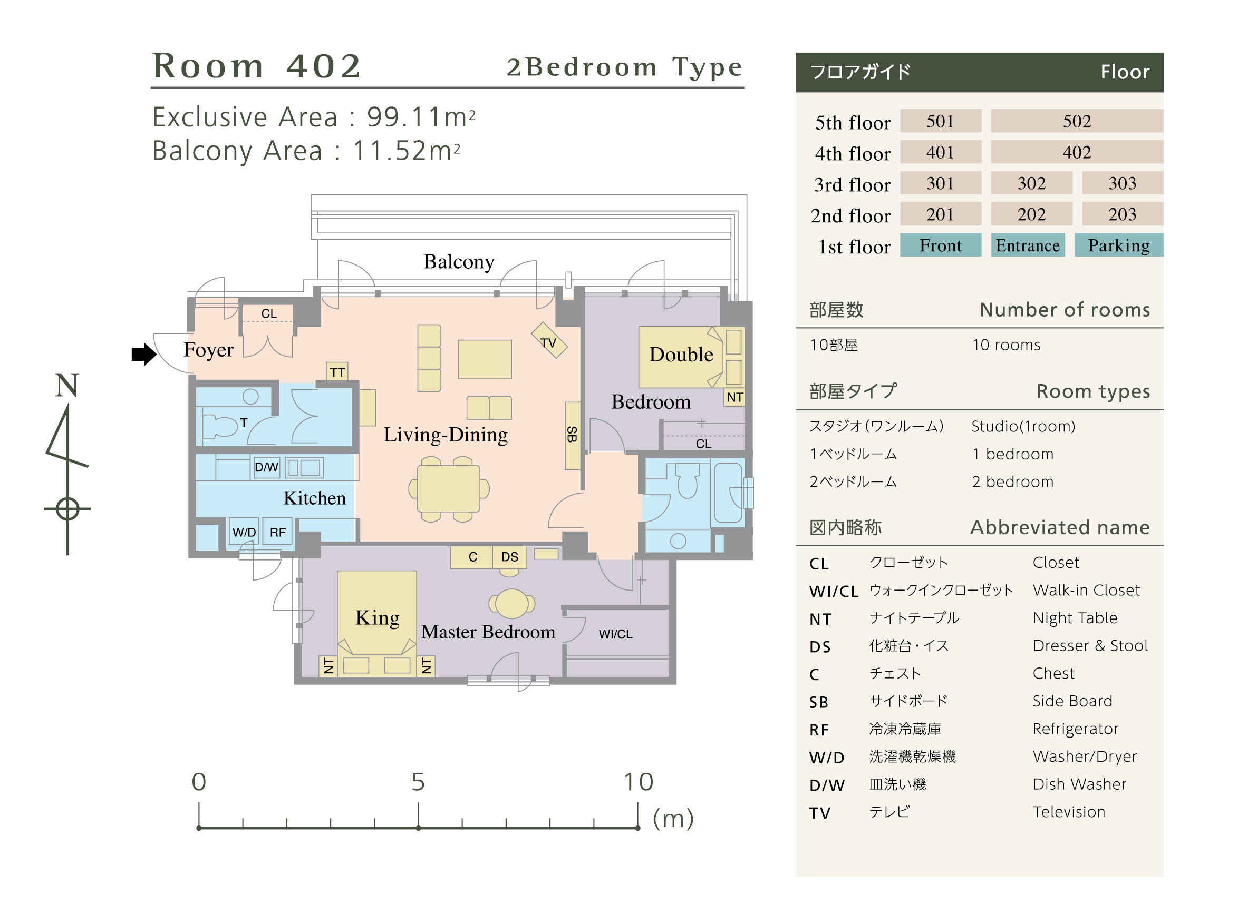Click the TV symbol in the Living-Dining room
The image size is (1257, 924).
tap(548, 341)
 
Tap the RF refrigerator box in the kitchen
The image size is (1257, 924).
tap(277, 532)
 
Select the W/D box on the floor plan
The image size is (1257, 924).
tap(244, 532)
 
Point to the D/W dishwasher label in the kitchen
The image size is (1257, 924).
tap(266, 467)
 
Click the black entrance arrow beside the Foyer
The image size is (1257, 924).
tap(144, 354)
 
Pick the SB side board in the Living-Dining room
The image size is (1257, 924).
tap(572, 435)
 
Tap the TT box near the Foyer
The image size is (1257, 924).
tap(337, 372)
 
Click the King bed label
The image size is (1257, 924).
tap(377, 618)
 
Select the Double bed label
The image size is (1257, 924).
tap(681, 355)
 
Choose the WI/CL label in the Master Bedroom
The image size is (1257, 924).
tap(615, 634)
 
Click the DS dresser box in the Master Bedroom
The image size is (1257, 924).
tap(509, 557)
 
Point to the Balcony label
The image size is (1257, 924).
tap(459, 262)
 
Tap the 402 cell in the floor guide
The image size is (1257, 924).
tap(1076, 152)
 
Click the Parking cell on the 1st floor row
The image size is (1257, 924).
tap(1118, 245)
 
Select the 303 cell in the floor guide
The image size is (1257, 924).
tap(1122, 183)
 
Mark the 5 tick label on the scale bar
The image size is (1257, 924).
tap(418, 782)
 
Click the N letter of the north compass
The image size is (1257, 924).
tap(66, 386)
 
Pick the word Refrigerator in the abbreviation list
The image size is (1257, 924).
tap(1075, 729)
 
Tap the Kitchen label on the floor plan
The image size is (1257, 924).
tap(315, 498)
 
